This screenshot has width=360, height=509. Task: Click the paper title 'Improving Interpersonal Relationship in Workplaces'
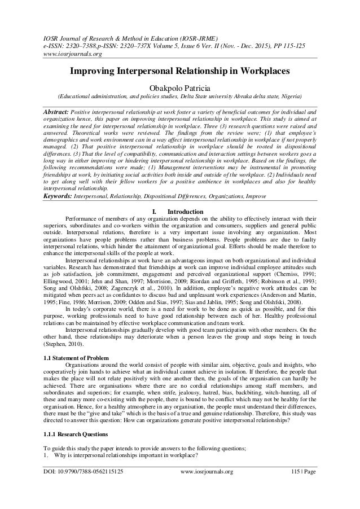pos(179,73)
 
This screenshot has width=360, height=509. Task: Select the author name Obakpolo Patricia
pos(179,87)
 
